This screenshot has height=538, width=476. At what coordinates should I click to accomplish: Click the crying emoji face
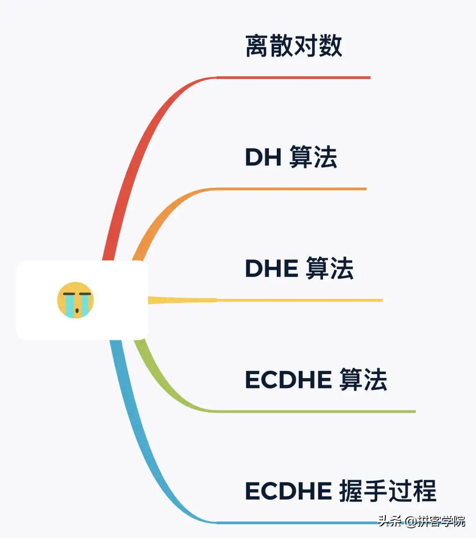tap(75, 300)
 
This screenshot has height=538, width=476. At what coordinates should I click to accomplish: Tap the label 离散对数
tap(294, 46)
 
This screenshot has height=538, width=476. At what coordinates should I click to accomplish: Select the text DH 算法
tap(291, 157)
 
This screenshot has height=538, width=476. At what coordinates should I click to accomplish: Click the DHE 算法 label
tap(299, 268)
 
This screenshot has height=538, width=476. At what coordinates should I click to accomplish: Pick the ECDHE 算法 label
tap(316, 380)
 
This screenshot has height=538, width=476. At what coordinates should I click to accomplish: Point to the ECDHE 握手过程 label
tap(340, 491)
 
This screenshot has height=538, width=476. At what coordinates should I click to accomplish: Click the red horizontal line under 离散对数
tap(293, 78)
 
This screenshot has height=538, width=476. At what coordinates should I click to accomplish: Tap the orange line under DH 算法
tap(291, 189)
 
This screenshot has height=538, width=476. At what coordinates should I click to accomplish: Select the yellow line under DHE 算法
tap(300, 300)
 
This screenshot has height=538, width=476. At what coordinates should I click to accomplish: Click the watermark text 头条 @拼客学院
tap(421, 521)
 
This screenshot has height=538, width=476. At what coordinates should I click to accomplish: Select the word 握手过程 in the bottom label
tap(388, 491)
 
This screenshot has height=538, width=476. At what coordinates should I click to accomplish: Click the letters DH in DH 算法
tap(263, 158)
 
